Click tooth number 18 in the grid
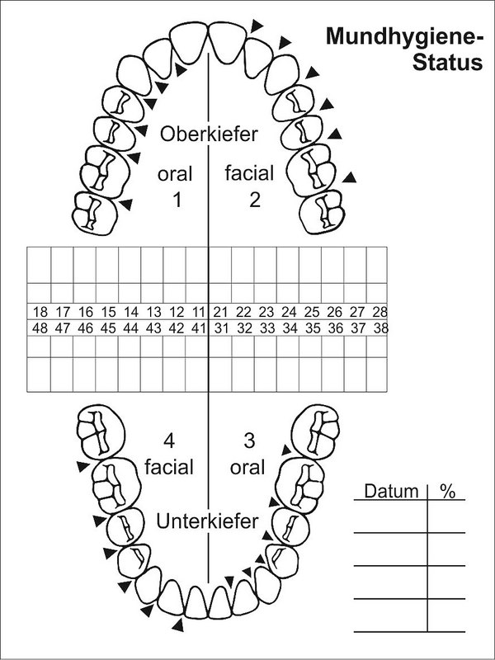pos(40,312)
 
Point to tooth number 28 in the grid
pos(379,312)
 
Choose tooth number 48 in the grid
pos(40,328)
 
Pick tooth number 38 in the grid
pos(379,328)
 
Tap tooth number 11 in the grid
pos(198,312)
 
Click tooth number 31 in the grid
pos(221,328)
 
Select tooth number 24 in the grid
pos(289,312)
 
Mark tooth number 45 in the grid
pos(108,328)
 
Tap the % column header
pos(447,492)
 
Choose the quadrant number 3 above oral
pos(248,439)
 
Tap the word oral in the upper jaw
pos(176,174)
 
